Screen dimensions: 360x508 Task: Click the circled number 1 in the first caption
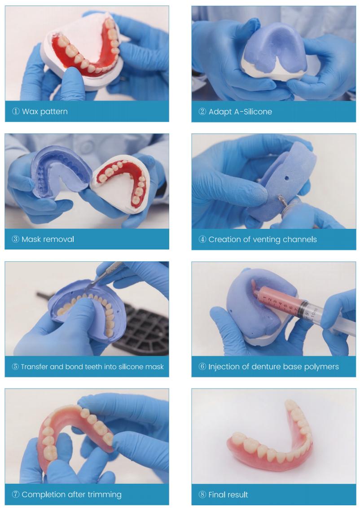tap(16, 111)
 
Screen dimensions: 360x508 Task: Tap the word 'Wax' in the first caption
tap(30, 111)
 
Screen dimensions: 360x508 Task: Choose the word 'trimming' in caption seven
tap(105, 495)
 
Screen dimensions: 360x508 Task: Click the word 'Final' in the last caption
tap(217, 495)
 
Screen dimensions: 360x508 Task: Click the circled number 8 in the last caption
tap(202, 495)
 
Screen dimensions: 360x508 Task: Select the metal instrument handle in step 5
tap(110, 271)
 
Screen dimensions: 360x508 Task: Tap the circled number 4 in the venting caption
tap(202, 240)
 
